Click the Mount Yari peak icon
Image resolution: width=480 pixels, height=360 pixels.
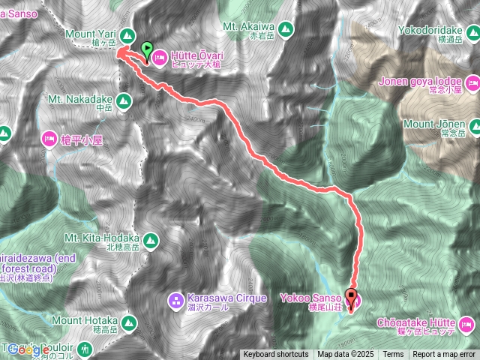126,34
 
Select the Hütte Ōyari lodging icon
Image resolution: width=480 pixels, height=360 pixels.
159,57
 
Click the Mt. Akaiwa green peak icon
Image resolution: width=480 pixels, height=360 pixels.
284,30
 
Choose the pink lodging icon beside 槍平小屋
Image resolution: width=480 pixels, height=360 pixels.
49,138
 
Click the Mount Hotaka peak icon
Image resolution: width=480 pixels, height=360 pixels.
129,324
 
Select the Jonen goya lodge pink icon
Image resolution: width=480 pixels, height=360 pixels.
472,81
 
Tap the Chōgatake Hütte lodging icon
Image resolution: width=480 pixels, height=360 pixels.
467,324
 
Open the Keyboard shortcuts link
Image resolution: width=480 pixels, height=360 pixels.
275,355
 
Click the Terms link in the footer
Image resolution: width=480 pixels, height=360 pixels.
392,355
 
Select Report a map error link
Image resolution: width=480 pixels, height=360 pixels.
445,355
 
